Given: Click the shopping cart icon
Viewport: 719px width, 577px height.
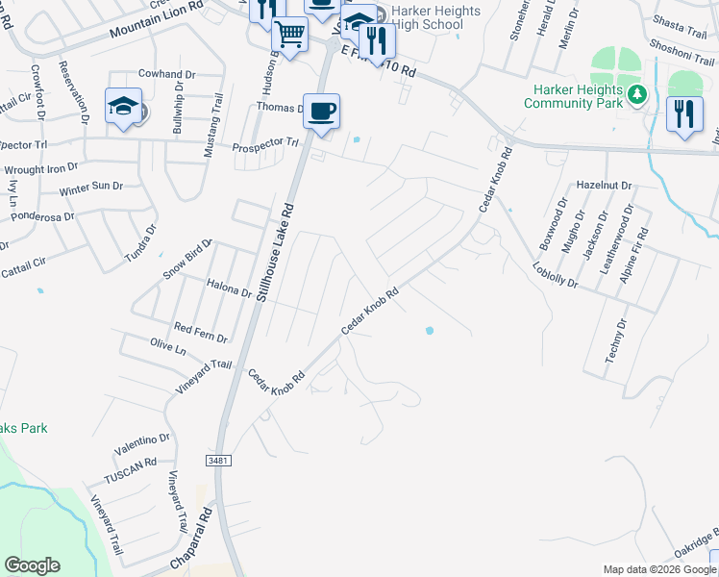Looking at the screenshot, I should pyautogui.click(x=289, y=37).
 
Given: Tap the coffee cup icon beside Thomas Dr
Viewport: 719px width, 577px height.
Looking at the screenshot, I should pyautogui.click(x=322, y=112).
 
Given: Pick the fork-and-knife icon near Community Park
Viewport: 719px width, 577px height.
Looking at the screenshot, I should pyautogui.click(x=684, y=114).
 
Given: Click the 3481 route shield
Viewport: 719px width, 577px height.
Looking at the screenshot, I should pyautogui.click(x=218, y=462).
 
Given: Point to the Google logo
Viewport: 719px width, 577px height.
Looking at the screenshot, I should pyautogui.click(x=32, y=565).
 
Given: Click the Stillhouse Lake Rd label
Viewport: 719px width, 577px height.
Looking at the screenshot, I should pyautogui.click(x=275, y=253).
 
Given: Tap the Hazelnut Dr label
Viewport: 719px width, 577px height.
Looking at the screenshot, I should pyautogui.click(x=603, y=185).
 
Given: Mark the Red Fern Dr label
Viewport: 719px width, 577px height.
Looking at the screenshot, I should pyautogui.click(x=200, y=333).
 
